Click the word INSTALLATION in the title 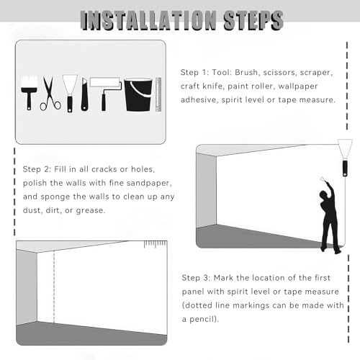coord(148,21)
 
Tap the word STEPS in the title coord(253,21)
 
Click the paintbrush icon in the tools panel coord(29,93)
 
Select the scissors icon coord(50,94)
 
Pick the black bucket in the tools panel coord(138,95)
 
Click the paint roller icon coord(106,94)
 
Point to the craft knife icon coord(84,94)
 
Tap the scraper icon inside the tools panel coord(70,94)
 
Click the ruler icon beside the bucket coord(158,94)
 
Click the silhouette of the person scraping coord(330,216)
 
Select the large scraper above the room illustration coord(345,158)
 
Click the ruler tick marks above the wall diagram coord(156,244)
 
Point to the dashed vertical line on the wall coord(54,287)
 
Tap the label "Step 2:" coord(37,169)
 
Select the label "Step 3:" coord(196,278)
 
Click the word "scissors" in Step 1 coord(279,73)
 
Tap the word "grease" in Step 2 coord(91,211)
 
